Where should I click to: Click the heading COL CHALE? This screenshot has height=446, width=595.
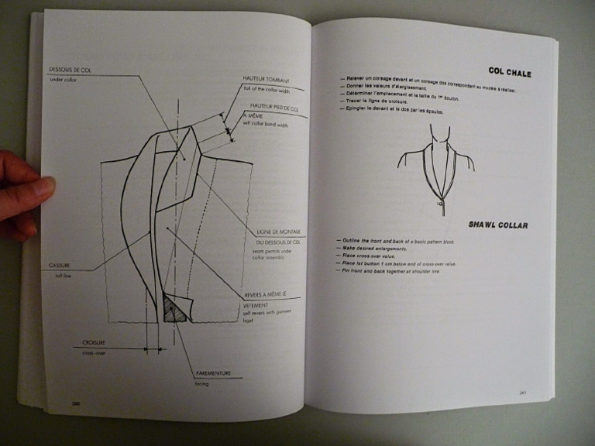[x=509, y=73]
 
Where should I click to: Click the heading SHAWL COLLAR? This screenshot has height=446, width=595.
[x=499, y=225]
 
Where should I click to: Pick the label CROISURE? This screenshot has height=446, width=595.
[x=95, y=342]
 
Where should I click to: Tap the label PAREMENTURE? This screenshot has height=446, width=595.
[x=214, y=373]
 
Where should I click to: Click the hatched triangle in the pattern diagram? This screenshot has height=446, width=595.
[x=174, y=311]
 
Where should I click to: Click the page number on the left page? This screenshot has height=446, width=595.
[x=76, y=403]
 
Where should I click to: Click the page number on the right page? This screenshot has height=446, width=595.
[x=524, y=392]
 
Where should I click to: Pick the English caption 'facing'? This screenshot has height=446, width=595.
[x=202, y=383]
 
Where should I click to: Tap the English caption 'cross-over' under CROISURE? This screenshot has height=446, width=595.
[x=95, y=352]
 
